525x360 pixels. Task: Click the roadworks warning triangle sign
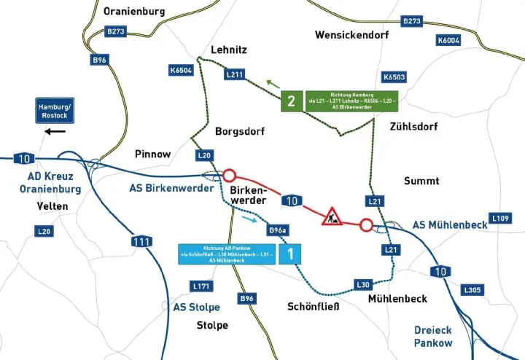point(332,216)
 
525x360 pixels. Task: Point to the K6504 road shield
point(180,71)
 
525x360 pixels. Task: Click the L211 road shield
point(235,74)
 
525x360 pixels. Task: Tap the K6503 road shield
point(394,77)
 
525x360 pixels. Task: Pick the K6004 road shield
point(448,40)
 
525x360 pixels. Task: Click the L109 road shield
point(500,218)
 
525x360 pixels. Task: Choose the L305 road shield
point(472,290)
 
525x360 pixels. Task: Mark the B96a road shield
point(277,230)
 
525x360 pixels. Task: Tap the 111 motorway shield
point(141,240)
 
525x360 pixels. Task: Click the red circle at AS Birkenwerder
point(230,176)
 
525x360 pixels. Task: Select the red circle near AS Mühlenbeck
point(366,225)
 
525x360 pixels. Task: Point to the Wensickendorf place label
point(352,34)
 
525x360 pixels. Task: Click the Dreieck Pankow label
point(433,336)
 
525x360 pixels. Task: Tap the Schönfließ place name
point(314,306)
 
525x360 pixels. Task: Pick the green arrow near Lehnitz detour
point(272,84)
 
